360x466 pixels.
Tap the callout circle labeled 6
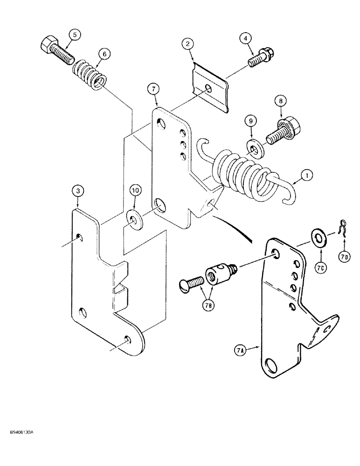104,55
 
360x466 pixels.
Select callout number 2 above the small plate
187,45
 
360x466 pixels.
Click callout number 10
135,191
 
